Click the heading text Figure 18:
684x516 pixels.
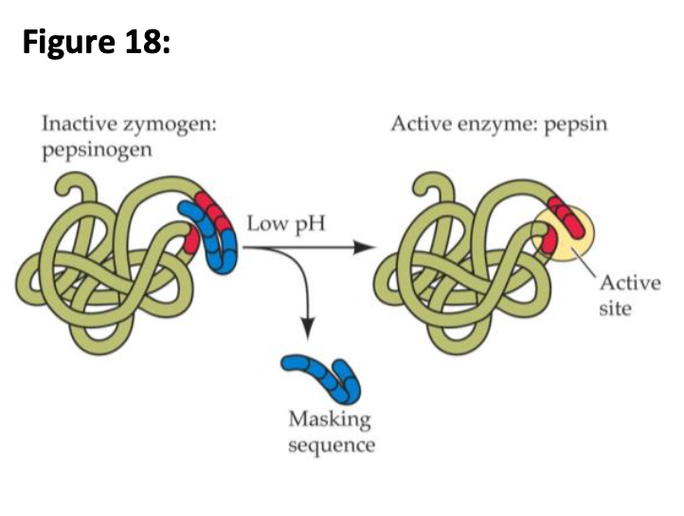pos(96,44)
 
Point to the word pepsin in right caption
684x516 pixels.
pos(577,126)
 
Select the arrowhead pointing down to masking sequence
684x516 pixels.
pos(305,327)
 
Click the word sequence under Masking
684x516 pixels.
pos(331,445)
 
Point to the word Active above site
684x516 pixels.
pos(622,286)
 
